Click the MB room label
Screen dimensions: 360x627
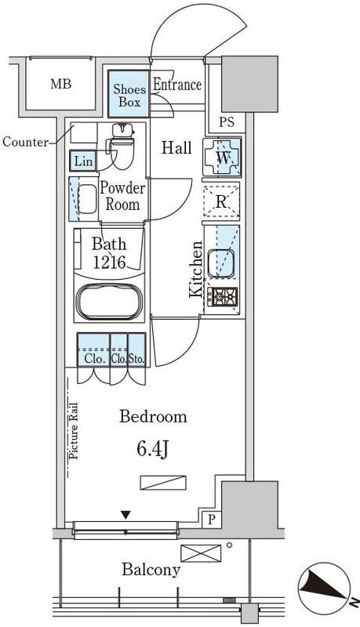pos(61,85)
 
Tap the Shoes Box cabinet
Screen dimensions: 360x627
pos(129,94)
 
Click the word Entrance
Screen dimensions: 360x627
pos(177,85)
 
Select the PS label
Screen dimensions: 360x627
pos(227,122)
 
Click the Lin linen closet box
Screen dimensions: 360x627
pos(84,161)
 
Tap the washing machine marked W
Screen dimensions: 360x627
pos(222,158)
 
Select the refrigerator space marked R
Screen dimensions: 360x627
pos(221,202)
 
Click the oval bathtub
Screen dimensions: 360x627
pos(109,303)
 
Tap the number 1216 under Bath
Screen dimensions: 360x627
pos(109,263)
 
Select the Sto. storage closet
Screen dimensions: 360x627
pos(136,349)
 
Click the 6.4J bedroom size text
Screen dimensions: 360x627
pos(153,449)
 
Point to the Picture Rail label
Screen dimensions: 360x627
pos(73,430)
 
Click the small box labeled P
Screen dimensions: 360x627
pos(212,520)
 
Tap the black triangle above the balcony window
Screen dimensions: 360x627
pos(126,515)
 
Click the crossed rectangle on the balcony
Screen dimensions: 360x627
pos(201,553)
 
